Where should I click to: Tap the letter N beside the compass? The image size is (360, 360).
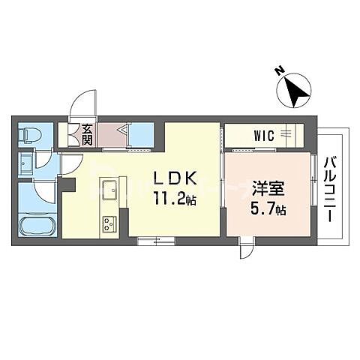click(x=279, y=73)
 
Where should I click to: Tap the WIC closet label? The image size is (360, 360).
click(x=263, y=136)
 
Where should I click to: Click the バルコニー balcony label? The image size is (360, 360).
click(x=329, y=187)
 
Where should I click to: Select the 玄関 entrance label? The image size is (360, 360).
click(x=88, y=135)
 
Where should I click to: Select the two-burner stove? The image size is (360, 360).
click(x=109, y=223)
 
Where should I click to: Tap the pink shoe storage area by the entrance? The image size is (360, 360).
click(x=112, y=136)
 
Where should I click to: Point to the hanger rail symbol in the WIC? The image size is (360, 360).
click(x=287, y=135)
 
